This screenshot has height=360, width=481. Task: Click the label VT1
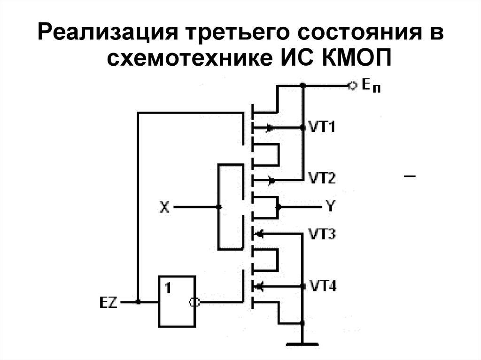[322, 127]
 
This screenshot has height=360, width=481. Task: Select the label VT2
[322, 178]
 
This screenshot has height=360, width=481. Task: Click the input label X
[164, 207]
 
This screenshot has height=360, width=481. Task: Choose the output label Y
[330, 206]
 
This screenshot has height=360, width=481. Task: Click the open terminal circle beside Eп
[350, 85]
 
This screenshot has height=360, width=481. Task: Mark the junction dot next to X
[218, 207]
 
